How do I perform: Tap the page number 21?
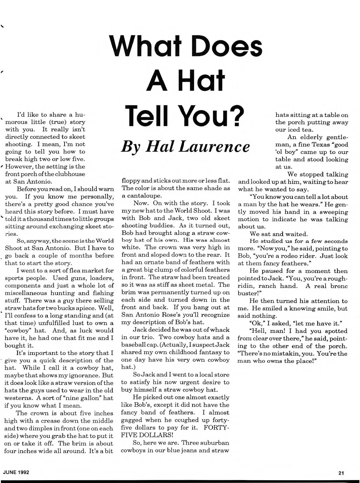pyautogui.click(x=341, y=473)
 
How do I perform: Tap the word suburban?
pyautogui.click(x=215, y=442)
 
